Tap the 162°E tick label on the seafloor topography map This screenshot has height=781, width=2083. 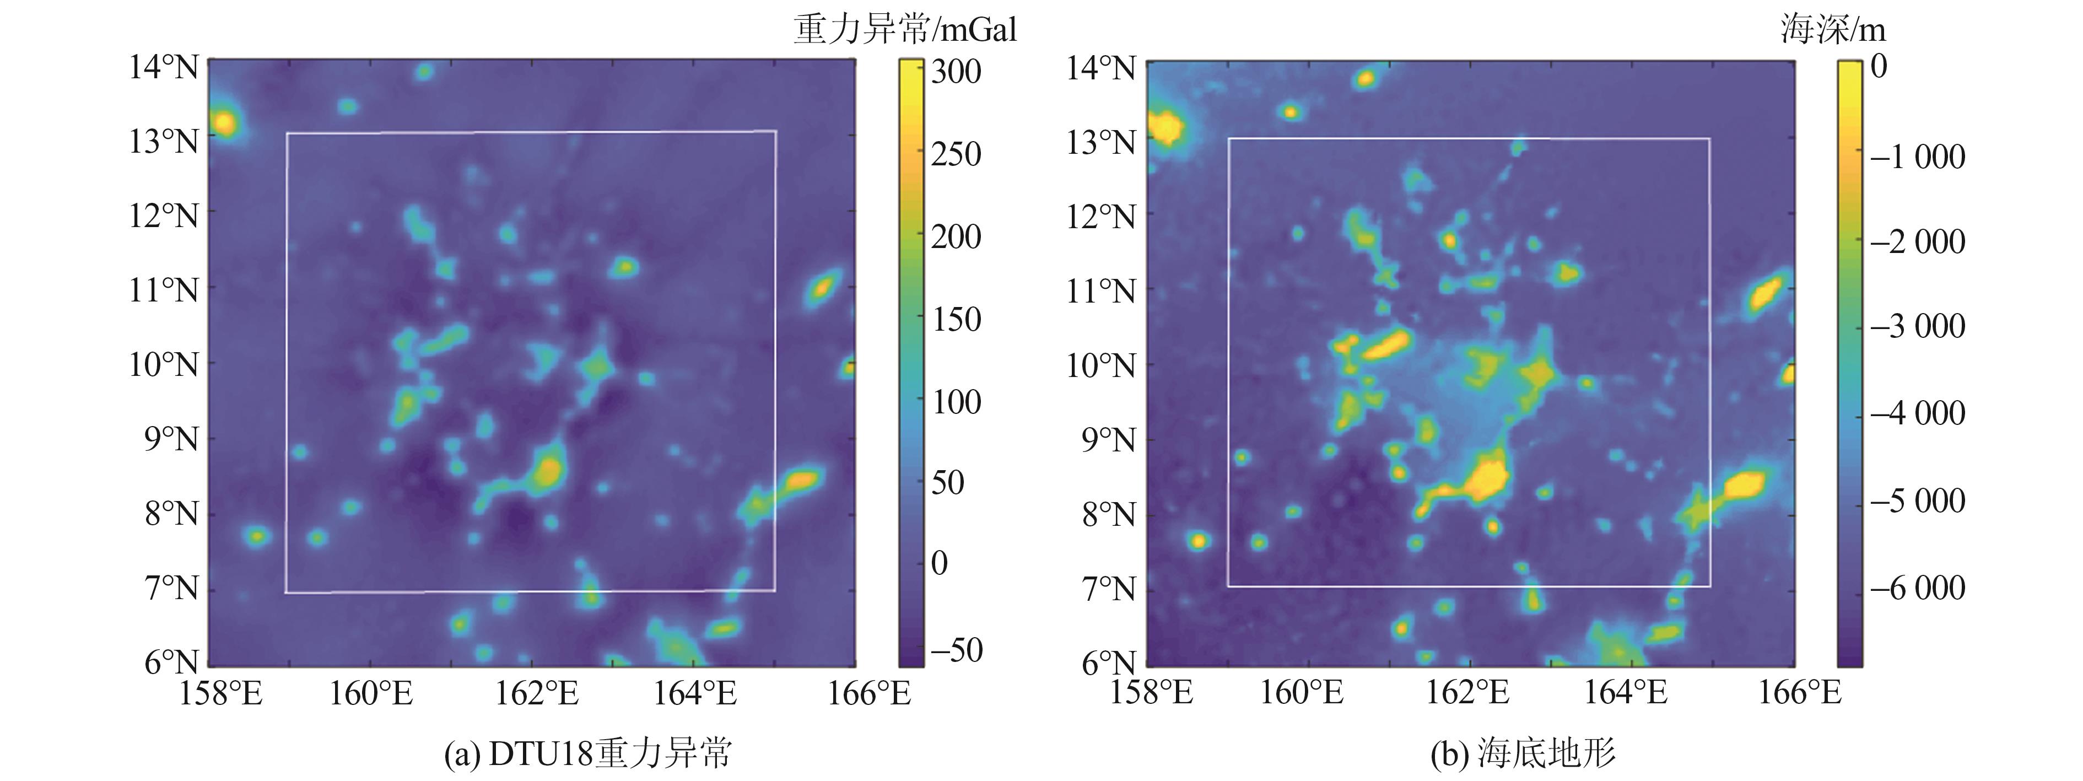coord(1467,693)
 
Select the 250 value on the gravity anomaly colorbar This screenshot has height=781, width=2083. coord(956,154)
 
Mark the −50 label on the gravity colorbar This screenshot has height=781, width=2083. coord(956,650)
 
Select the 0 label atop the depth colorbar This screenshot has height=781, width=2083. coord(1879,66)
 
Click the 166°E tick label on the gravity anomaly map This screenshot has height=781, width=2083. coord(868,693)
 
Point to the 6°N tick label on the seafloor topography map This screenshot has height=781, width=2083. coord(1109,664)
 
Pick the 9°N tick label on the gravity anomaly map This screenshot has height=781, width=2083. coord(171,439)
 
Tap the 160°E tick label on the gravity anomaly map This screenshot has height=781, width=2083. coord(370,693)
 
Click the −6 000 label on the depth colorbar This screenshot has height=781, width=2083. coord(1917,588)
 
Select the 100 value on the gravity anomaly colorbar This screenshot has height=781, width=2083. coord(956,402)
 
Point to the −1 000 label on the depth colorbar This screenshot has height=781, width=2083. coord(1917,156)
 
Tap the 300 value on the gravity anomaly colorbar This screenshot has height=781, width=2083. coord(956,71)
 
